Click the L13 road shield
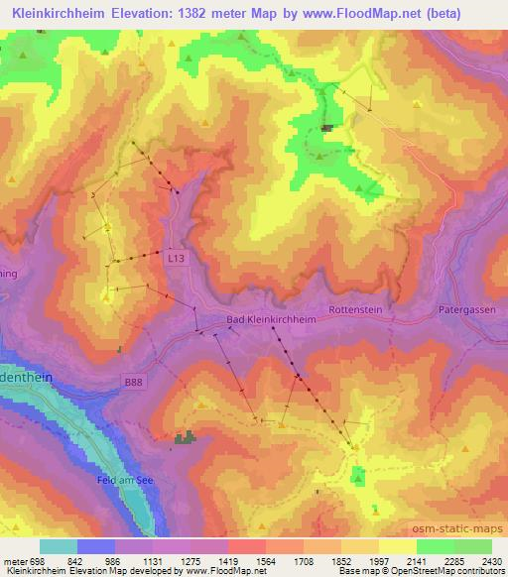176,257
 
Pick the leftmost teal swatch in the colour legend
59,546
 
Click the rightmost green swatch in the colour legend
473,546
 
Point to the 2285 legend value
455,560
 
